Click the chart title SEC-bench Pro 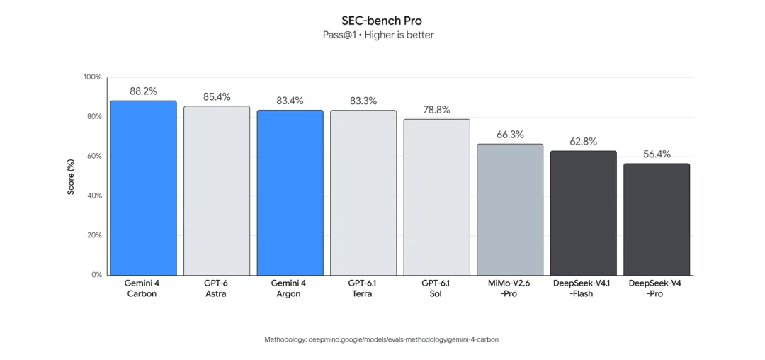382,21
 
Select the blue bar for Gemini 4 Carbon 143,188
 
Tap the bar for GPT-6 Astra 217,191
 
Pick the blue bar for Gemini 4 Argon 290,193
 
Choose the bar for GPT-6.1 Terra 363,193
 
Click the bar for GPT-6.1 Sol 436,197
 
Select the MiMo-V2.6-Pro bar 510,210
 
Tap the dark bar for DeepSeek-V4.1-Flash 584,213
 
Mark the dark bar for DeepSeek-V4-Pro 657,220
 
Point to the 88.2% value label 143,91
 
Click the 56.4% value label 657,154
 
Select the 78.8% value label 436,110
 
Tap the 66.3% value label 510,135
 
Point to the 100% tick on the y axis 93,77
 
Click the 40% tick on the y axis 94,196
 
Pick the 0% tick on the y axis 96,275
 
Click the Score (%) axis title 72,176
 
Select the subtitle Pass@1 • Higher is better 378,35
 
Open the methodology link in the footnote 403,339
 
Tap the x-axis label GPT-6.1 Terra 363,288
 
